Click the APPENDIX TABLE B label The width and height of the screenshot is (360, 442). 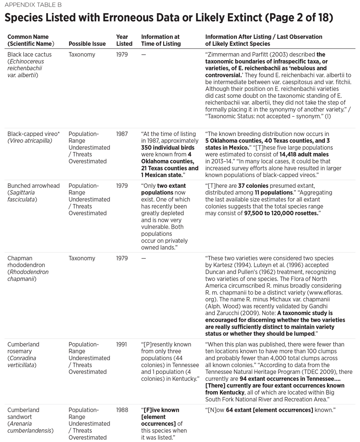pos(33,5)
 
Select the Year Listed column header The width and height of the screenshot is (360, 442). pos(124,40)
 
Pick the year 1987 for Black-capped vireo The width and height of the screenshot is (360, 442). pos(122,134)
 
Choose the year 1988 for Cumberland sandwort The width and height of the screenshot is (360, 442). pos(122,410)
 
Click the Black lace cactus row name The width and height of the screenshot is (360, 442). pos(29,55)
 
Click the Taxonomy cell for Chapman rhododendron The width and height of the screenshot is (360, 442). pos(82,258)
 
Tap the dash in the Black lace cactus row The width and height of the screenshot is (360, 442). pos(144,55)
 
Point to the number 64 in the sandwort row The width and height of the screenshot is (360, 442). pos(230,410)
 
